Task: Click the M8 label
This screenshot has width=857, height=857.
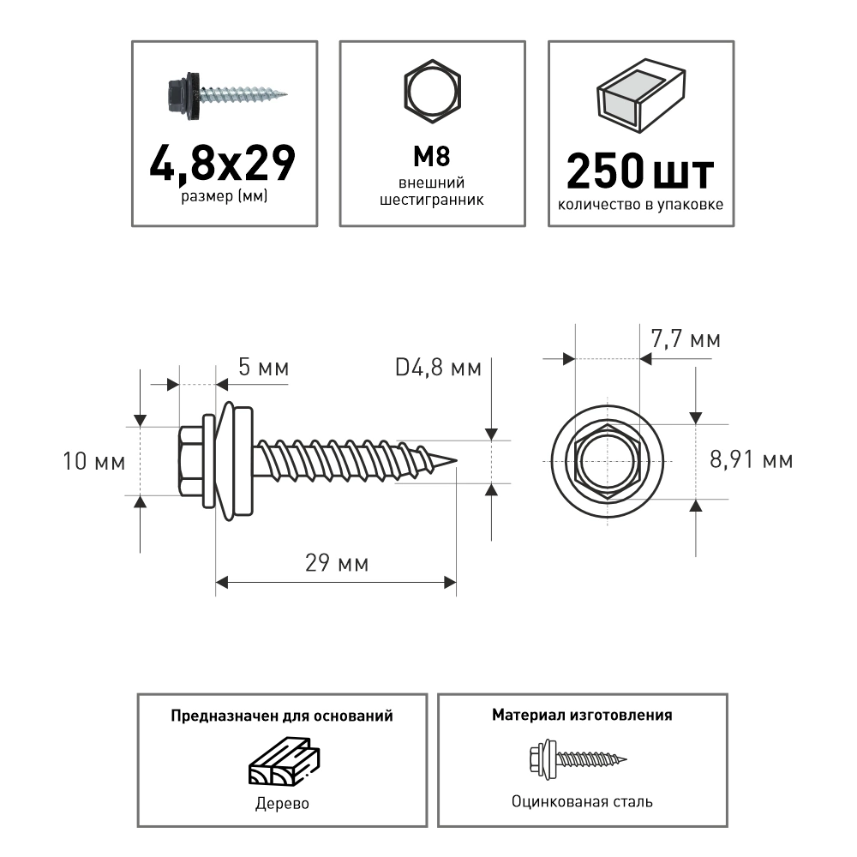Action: point(433,156)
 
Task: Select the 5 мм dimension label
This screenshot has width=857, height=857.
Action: point(263,369)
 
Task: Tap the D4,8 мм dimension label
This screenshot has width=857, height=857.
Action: point(438,369)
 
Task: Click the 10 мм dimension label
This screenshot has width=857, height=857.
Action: point(94,462)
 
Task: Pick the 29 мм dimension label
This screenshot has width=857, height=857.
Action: point(337,564)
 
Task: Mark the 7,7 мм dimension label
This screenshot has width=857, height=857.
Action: point(686,339)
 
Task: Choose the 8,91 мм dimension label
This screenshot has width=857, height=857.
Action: point(752,460)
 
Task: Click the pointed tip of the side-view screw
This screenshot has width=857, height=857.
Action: point(453,462)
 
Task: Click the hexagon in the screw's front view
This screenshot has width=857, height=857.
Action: point(608,461)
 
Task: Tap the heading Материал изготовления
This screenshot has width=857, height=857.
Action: point(582,715)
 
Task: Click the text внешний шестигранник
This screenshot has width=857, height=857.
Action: point(433,191)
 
